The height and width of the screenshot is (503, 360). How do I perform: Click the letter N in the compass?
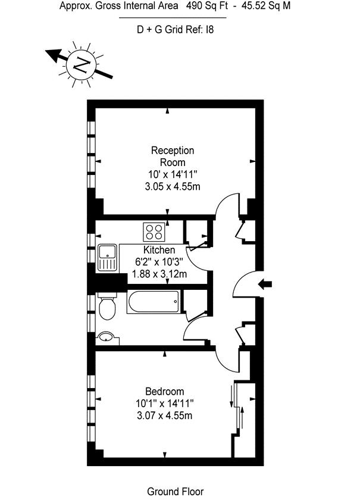(x=81, y=65)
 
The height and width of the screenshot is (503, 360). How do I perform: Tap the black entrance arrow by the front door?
(x=265, y=284)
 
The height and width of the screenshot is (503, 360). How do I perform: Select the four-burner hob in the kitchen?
(x=154, y=232)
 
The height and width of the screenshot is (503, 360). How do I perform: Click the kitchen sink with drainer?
(x=107, y=258)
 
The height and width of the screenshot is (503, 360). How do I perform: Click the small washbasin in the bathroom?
(x=107, y=338)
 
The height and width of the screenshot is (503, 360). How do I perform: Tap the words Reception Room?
(x=173, y=156)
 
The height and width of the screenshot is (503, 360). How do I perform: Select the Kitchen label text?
(x=159, y=249)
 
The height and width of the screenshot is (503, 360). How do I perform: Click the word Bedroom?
(x=164, y=391)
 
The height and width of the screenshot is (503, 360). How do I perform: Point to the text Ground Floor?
(x=175, y=492)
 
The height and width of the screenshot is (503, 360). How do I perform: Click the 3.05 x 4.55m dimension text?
(x=173, y=186)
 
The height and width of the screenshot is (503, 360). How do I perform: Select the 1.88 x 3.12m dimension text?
(x=159, y=274)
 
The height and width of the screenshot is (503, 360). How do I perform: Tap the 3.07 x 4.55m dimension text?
(x=164, y=415)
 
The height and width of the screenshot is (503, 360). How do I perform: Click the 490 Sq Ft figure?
(x=206, y=5)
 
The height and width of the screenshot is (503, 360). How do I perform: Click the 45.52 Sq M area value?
(x=266, y=5)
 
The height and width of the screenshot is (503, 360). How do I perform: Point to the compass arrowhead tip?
(x=45, y=51)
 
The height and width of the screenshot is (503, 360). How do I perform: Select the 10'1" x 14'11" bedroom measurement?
(x=164, y=403)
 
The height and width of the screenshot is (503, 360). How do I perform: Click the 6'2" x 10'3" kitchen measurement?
(x=159, y=262)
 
